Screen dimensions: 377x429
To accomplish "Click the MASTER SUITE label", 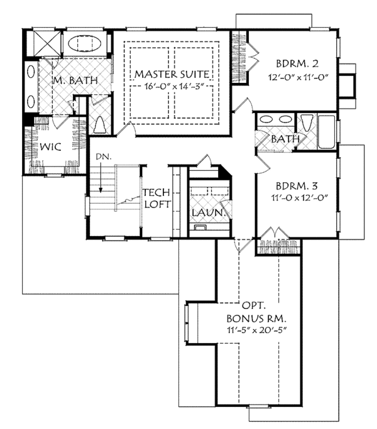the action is (x=172, y=74).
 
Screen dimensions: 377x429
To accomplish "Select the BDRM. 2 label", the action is (x=297, y=64).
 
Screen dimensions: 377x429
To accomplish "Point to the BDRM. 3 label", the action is (x=297, y=186).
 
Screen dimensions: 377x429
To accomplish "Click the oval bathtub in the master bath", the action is (x=84, y=43).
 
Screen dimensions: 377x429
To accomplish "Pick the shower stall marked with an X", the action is (x=47, y=43).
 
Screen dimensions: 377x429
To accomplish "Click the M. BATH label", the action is (x=75, y=80).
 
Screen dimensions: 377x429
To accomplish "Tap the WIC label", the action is (x=50, y=146).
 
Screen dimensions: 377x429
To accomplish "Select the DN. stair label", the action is (x=104, y=157).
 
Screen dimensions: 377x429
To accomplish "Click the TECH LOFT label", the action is (x=156, y=198).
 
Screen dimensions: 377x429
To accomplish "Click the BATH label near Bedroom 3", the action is (x=285, y=139).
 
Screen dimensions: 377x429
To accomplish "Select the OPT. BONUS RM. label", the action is (x=256, y=312).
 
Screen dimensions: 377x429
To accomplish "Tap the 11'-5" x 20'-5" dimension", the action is (x=256, y=330).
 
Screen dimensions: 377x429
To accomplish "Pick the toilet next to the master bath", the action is (x=99, y=125).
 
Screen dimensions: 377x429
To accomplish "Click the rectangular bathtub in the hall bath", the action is (x=326, y=132).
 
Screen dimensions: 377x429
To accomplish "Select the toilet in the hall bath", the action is (x=305, y=123).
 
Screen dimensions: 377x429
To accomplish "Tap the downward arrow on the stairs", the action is (x=101, y=176).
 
